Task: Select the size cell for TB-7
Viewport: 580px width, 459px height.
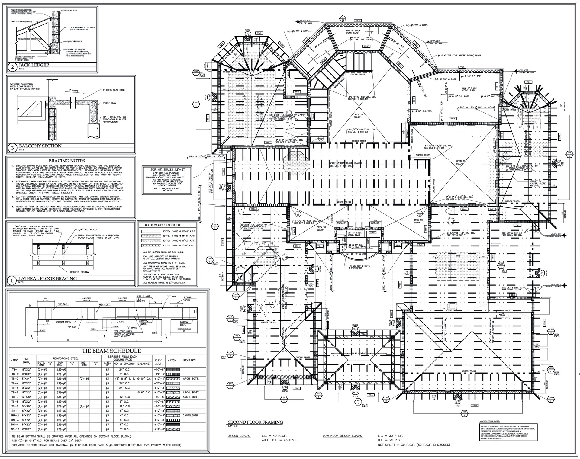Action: pyautogui.click(x=24, y=397)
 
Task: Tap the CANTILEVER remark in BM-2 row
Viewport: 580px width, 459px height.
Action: pyautogui.click(x=191, y=415)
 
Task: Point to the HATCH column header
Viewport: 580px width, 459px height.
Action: pyautogui.click(x=172, y=360)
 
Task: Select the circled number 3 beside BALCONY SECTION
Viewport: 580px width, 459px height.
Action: pyautogui.click(x=12, y=148)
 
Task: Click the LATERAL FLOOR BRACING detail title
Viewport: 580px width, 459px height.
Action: pyautogui.click(x=47, y=278)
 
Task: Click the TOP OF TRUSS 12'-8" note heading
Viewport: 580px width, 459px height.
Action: pyautogui.click(x=167, y=170)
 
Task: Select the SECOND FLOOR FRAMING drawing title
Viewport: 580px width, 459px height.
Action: pyautogui.click(x=255, y=422)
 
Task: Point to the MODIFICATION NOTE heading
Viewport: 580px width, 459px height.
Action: pyautogui.click(x=489, y=421)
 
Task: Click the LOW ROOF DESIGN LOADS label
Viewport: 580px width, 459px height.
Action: pyautogui.click(x=343, y=436)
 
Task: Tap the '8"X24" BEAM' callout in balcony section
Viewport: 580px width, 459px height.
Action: pyautogui.click(x=109, y=103)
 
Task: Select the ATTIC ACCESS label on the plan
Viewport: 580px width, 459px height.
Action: pyautogui.click(x=502, y=314)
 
